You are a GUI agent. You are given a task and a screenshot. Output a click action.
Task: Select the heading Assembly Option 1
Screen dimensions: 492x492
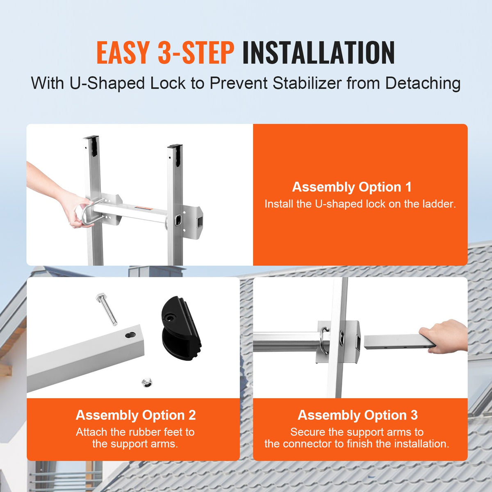[351, 187]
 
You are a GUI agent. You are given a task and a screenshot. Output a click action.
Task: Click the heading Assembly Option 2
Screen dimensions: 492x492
[136, 415]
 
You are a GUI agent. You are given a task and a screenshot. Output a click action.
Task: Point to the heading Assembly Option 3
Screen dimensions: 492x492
[358, 415]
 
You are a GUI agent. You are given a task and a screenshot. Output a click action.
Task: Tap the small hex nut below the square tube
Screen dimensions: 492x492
[146, 383]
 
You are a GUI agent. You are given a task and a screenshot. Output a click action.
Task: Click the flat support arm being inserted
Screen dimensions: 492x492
[394, 342]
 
